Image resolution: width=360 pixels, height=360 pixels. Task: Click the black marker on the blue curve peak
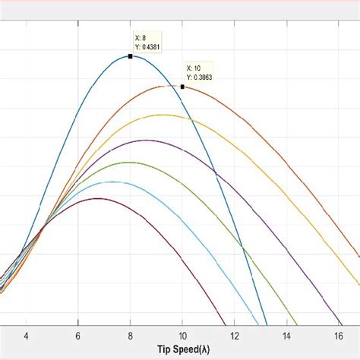(x=131, y=56)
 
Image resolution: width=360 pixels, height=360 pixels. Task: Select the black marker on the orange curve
(x=182, y=87)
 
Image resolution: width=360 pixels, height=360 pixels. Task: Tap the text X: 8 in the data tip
(x=141, y=37)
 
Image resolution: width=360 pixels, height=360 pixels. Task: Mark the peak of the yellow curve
(x=163, y=115)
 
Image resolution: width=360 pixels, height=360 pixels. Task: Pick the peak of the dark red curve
(x=97, y=198)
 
